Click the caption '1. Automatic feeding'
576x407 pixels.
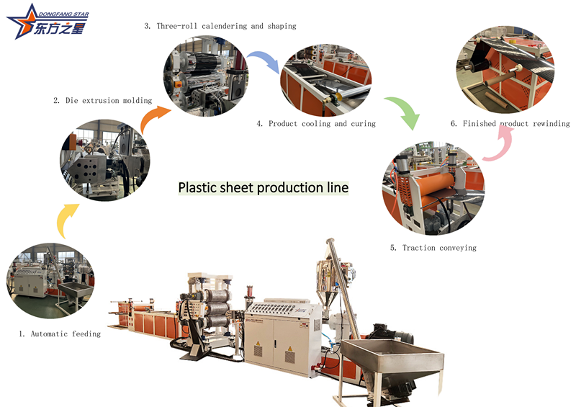(60, 334)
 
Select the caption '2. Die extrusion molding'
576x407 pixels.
(102, 101)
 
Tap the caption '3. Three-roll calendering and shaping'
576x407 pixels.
(220, 26)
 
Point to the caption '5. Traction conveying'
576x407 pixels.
(433, 248)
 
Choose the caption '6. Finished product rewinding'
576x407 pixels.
(510, 124)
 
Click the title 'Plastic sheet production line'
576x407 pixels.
(264, 188)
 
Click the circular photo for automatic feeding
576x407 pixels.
(50, 282)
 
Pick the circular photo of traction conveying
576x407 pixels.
(433, 189)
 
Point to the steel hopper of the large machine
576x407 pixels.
(392, 360)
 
